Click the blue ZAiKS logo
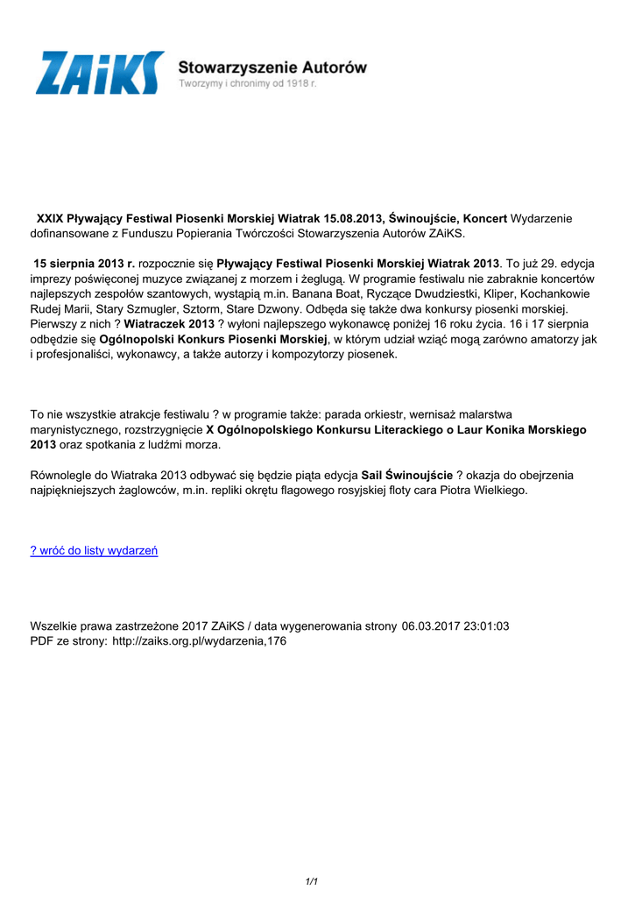pos(99,72)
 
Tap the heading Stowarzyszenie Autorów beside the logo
pos(272,67)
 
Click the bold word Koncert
pos(485,217)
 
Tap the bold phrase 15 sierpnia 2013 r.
pos(84,263)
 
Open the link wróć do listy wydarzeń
pos(95,550)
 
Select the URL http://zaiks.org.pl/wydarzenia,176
pos(200,641)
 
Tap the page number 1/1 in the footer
pos(311,880)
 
